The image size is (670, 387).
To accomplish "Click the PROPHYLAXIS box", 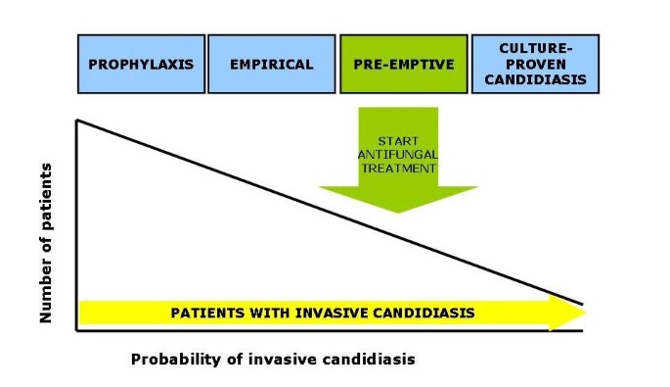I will click(141, 65).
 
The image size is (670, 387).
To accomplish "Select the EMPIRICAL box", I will click(272, 65).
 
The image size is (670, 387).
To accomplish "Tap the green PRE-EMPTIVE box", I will click(403, 65).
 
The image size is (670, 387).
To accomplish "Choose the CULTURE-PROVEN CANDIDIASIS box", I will click(535, 65).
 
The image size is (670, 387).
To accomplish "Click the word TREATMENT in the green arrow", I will click(397, 169).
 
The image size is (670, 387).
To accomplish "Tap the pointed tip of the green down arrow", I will click(397, 212).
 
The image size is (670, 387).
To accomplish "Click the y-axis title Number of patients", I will click(45, 243).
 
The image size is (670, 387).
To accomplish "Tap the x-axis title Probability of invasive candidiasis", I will click(273, 360).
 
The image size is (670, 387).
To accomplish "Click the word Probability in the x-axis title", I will click(172, 360).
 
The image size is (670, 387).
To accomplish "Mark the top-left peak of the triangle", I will click(77, 121).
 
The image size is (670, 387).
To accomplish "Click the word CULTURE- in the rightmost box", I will click(535, 47).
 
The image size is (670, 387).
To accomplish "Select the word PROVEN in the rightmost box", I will click(535, 65).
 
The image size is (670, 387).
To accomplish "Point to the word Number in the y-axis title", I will click(45, 293).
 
